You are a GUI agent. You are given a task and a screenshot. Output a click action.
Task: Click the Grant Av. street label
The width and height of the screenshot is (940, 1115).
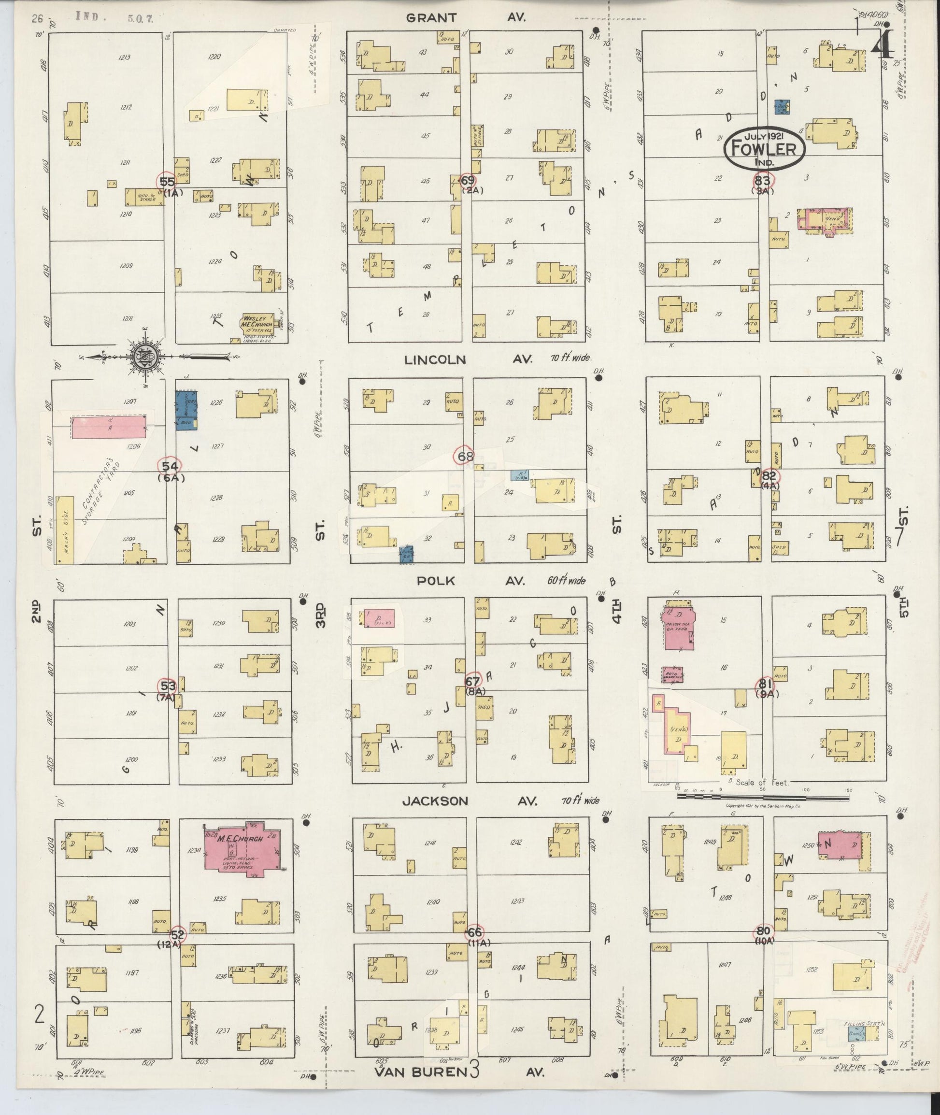466,17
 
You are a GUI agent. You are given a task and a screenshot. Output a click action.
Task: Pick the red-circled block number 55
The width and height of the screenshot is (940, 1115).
171,182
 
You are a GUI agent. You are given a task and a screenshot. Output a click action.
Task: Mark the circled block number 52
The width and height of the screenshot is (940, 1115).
177,934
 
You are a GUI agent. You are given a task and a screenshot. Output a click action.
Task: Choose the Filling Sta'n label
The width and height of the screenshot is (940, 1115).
858,1024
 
